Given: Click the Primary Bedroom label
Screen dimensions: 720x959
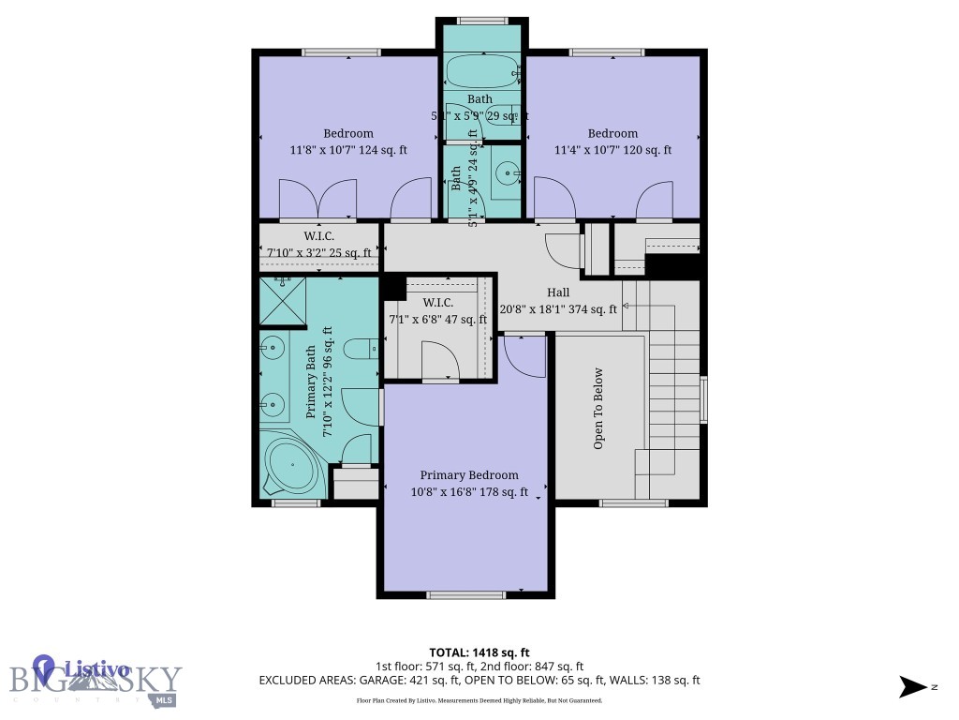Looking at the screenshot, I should coord(468,475).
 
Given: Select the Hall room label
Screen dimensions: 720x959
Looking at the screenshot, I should coord(558,292).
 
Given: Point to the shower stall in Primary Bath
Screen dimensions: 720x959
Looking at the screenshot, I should coord(282,299).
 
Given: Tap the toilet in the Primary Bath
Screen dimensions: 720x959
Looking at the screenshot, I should coord(361,350).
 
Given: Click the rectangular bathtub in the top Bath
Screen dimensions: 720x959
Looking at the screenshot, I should coord(480,70).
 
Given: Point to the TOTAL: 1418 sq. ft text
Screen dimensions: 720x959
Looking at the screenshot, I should coord(479,652).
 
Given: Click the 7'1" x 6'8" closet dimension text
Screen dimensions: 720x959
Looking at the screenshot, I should coord(438,319).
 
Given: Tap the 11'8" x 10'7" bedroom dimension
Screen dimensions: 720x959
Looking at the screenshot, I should coord(348,149).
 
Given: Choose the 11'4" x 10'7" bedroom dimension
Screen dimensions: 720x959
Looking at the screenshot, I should coord(612,149).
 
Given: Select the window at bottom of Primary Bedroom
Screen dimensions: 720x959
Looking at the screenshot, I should coord(465,594).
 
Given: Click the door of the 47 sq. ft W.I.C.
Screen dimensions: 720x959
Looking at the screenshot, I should coord(440,361).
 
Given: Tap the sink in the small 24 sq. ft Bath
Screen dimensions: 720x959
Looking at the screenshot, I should coord(507,172).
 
